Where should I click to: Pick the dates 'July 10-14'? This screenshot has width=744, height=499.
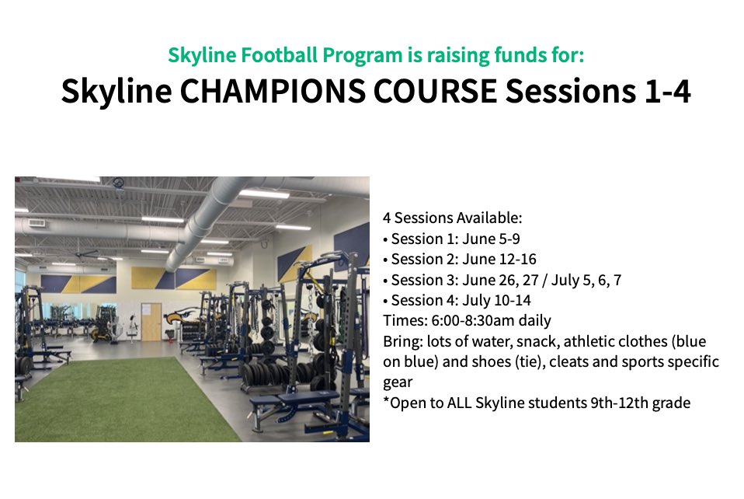pos(502,300)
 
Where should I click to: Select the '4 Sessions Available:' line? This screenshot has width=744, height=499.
pos(452,218)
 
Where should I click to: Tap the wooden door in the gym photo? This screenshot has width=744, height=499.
pos(151,322)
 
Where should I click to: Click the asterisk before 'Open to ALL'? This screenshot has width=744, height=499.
pos(385,401)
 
